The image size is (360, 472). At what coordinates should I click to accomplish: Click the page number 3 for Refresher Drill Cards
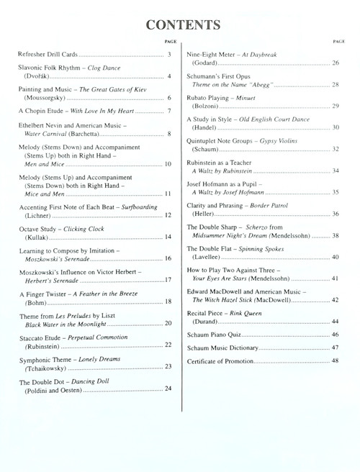pyautogui.click(x=168, y=55)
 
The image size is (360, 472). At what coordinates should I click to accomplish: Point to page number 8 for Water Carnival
pyautogui.click(x=168, y=134)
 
